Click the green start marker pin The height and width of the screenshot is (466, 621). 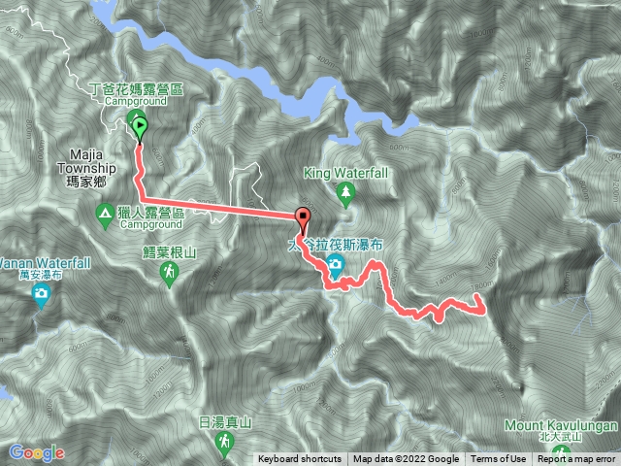pyautogui.click(x=139, y=124)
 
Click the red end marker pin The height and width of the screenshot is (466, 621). pyautogui.click(x=303, y=218)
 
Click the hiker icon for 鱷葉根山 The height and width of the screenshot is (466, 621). pyautogui.click(x=170, y=273)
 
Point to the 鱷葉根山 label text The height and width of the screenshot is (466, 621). pyautogui.click(x=170, y=250)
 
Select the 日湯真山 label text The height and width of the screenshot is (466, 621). pyautogui.click(x=225, y=421)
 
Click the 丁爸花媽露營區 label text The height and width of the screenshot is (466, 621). pyautogui.click(x=135, y=88)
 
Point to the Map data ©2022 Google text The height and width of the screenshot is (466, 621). pyautogui.click(x=406, y=459)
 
